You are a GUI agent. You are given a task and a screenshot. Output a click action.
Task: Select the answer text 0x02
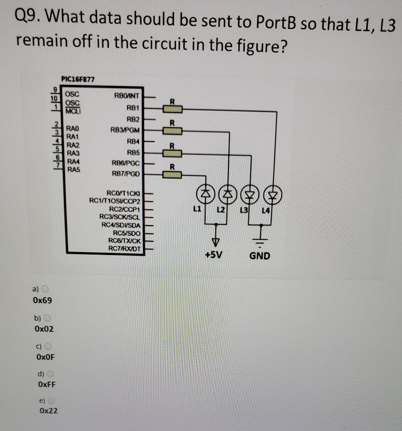pyautogui.click(x=44, y=329)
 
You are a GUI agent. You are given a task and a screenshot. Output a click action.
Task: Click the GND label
pyautogui.click(x=260, y=255)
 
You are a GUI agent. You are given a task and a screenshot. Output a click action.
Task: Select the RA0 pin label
pyautogui.click(x=73, y=128)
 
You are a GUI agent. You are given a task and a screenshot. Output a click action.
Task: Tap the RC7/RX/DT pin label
pyautogui.click(x=126, y=248)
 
